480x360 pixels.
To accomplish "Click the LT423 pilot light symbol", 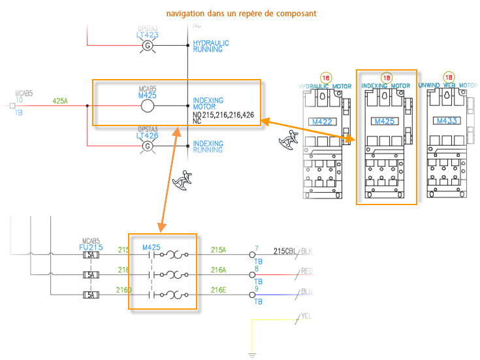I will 147,46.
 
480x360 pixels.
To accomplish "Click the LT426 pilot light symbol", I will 147,146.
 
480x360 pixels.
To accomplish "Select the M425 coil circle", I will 147,106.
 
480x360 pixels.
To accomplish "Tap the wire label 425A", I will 60,101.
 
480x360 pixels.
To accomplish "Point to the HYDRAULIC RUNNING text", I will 211,46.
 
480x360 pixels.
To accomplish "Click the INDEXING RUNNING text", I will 208,146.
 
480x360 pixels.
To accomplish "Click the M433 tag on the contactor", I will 447,121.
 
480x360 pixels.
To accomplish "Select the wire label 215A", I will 218,250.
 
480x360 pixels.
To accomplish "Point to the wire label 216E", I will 218,289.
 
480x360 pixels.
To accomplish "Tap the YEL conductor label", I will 306,316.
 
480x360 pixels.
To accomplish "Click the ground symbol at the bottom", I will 251,355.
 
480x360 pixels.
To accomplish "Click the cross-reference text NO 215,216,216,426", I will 223,114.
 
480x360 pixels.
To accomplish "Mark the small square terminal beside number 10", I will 12,105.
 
